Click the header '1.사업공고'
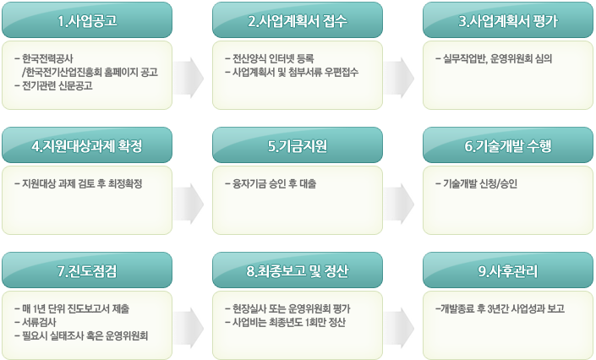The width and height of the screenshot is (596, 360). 87,20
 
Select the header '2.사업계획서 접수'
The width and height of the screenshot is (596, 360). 298,20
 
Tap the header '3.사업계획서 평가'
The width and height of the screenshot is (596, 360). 508,20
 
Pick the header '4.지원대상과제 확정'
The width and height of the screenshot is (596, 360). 87,145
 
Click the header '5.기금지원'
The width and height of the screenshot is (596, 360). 298,145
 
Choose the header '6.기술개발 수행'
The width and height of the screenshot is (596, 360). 508,145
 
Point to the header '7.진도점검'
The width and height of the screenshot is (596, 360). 87,270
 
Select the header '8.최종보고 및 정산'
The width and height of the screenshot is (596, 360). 298,270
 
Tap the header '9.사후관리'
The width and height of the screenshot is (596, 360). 508,270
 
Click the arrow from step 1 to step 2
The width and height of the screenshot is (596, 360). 189,78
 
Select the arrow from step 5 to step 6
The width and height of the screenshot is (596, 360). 399,203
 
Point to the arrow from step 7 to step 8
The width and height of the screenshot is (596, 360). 189,328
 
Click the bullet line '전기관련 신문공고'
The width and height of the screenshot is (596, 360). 53,85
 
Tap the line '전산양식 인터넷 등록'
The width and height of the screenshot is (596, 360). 270,58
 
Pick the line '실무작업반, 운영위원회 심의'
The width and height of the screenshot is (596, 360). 494,58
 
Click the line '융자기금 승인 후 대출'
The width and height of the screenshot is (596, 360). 271,183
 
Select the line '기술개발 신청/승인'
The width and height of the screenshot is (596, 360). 476,183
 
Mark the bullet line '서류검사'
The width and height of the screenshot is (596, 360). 36,322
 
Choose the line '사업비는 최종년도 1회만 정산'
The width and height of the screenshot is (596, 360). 285,322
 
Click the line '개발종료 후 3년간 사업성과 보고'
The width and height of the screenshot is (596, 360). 500,308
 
